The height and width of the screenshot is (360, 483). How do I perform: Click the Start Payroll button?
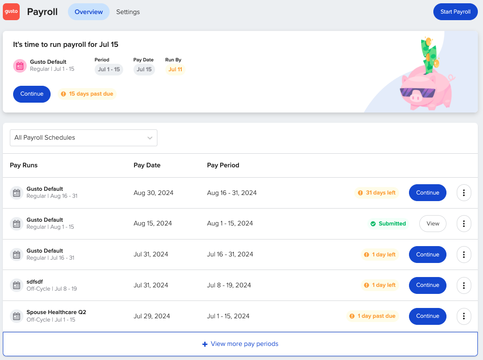455,12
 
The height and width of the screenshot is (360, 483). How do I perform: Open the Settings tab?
128,12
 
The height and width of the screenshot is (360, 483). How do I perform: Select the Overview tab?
89,12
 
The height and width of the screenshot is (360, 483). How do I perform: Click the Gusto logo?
11,12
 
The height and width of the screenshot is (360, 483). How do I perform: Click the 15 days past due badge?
87,94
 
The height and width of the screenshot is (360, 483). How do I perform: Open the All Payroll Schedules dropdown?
83,138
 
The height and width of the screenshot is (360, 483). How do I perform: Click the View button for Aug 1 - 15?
432,224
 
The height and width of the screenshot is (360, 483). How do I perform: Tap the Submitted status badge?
388,224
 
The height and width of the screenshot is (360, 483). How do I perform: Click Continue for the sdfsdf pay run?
427,285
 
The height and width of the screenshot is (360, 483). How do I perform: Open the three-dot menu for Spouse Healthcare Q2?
463,316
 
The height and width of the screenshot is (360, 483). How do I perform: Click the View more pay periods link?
240,344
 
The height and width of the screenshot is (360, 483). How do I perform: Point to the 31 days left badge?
377,193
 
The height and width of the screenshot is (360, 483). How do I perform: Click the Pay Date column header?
147,165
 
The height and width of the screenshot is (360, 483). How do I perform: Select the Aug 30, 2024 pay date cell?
153,193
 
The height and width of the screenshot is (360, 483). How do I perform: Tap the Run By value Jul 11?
175,69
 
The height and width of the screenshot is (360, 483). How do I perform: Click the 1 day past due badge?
372,316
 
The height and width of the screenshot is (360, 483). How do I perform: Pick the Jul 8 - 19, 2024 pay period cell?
229,285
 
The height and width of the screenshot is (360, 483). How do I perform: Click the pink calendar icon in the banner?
20,66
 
